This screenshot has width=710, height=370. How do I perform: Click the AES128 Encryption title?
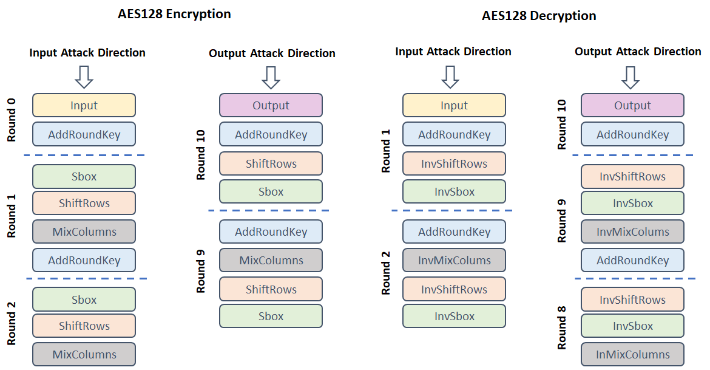[x=174, y=14]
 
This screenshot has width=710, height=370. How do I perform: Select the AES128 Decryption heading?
[x=539, y=16]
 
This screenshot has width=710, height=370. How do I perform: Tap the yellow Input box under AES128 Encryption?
[x=84, y=105]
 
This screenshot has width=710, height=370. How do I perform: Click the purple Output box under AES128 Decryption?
[x=632, y=105]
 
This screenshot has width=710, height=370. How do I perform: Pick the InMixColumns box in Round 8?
[x=632, y=354]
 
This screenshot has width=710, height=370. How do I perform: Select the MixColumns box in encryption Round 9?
[x=271, y=261]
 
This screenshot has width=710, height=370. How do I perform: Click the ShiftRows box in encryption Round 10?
[x=271, y=163]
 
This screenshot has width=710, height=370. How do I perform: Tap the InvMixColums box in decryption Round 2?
[x=454, y=261]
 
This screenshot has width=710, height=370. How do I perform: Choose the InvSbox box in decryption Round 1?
[x=454, y=191]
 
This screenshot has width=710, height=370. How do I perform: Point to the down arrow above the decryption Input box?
[x=449, y=77]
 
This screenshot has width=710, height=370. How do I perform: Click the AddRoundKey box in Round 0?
[x=84, y=134]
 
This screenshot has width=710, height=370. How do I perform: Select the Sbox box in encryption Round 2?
[x=84, y=300]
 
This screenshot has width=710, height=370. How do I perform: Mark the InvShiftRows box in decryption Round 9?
[x=632, y=177]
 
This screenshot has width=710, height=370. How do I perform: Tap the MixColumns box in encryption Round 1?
[x=84, y=231]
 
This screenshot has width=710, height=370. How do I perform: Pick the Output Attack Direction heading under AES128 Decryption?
[x=638, y=52]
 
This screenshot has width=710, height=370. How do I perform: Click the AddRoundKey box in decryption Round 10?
[x=632, y=134]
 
